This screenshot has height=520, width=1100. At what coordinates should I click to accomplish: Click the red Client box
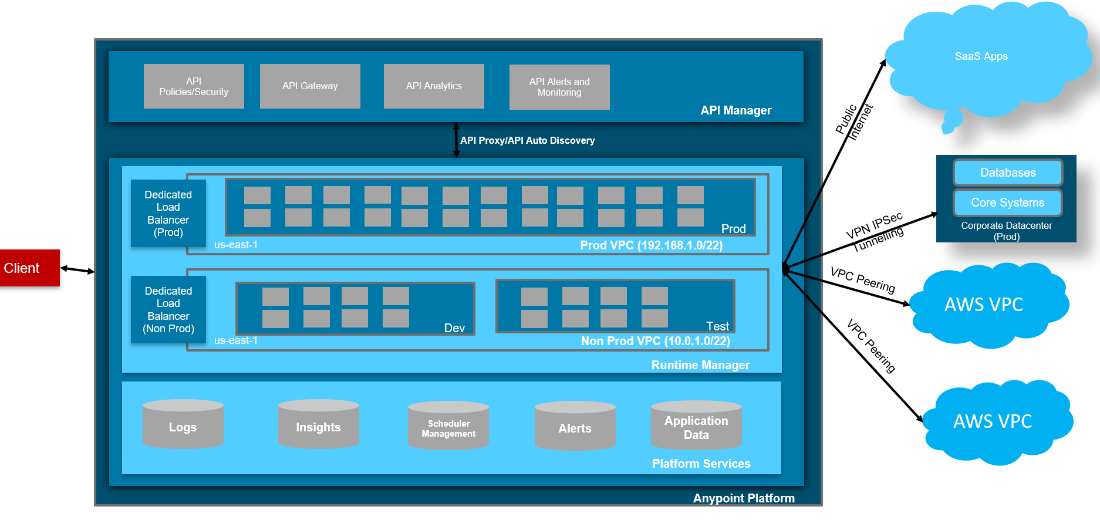pos(29,268)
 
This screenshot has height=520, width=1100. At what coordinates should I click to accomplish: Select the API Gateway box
pos(310,86)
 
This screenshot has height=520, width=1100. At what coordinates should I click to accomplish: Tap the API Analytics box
pos(434,86)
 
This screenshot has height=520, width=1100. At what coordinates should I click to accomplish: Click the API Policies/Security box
pos(194,86)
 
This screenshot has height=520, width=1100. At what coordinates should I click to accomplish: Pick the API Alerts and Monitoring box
pos(559,87)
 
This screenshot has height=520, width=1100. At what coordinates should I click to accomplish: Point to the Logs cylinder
pos(183,425)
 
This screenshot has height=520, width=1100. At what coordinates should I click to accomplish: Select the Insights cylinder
pos(318,425)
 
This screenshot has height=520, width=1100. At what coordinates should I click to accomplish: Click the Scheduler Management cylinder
pos(448,427)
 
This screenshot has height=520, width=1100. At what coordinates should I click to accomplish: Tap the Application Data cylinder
pos(696,427)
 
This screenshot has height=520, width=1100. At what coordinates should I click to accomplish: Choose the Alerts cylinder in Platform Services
pos(575,427)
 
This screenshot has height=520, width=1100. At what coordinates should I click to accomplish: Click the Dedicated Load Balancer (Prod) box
pos(168,213)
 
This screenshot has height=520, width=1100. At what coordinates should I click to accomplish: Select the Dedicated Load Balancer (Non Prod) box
pos(168,309)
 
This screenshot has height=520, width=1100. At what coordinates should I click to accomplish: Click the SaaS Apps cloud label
pos(981,56)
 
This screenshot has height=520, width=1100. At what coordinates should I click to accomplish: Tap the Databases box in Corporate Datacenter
pos(1008,173)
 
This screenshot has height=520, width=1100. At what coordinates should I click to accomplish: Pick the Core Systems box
pos(1008,202)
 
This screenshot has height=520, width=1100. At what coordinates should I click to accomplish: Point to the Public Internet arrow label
pos(854,121)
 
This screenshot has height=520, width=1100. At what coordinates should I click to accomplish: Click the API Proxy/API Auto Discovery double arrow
pos(456,140)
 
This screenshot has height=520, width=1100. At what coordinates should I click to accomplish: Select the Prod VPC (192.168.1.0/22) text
pos(651,245)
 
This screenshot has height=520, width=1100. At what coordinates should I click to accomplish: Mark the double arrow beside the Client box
pos(77,270)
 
